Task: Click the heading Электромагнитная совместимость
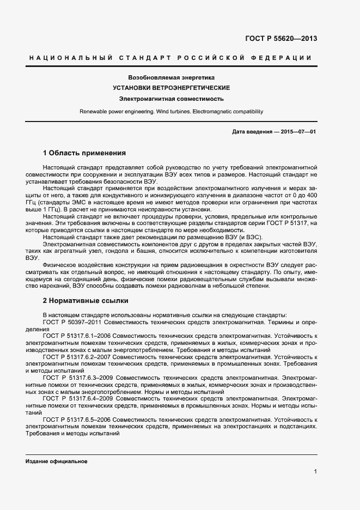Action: pyautogui.click(x=172, y=99)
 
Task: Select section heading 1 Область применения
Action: pyautogui.click(x=84, y=153)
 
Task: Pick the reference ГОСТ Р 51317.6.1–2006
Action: pyautogui.click(x=78, y=336)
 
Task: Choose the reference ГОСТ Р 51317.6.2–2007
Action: pyautogui.click(x=78, y=357)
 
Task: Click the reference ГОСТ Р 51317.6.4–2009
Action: pyautogui.click(x=78, y=399)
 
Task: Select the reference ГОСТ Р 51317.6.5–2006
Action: pyautogui.click(x=78, y=420)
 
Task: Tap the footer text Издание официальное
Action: pyautogui.click(x=56, y=461)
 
